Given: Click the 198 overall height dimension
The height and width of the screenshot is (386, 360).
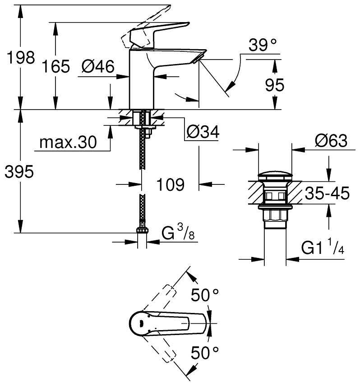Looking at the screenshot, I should tap(18, 58).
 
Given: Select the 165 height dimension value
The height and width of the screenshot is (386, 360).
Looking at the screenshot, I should tap(56, 67).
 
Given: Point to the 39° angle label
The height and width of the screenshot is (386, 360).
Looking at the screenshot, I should tap(262, 45).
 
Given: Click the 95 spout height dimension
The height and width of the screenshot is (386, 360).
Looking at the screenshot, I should tap(274, 85).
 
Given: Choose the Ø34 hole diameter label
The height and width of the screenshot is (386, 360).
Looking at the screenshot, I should tap(202, 132).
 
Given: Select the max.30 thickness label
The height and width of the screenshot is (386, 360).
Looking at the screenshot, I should tap(68, 142).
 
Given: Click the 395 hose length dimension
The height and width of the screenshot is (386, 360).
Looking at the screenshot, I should tap(18, 171).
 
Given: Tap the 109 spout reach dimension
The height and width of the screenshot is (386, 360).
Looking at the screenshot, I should tap(171, 184).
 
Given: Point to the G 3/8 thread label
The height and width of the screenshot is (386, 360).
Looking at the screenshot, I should tap(178, 234).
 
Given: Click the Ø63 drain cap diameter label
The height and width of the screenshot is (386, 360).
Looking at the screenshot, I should tap(331, 141).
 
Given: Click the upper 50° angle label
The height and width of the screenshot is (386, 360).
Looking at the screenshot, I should tap(204, 295).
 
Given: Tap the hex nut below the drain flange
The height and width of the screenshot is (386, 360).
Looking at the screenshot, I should tap(275, 216).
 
